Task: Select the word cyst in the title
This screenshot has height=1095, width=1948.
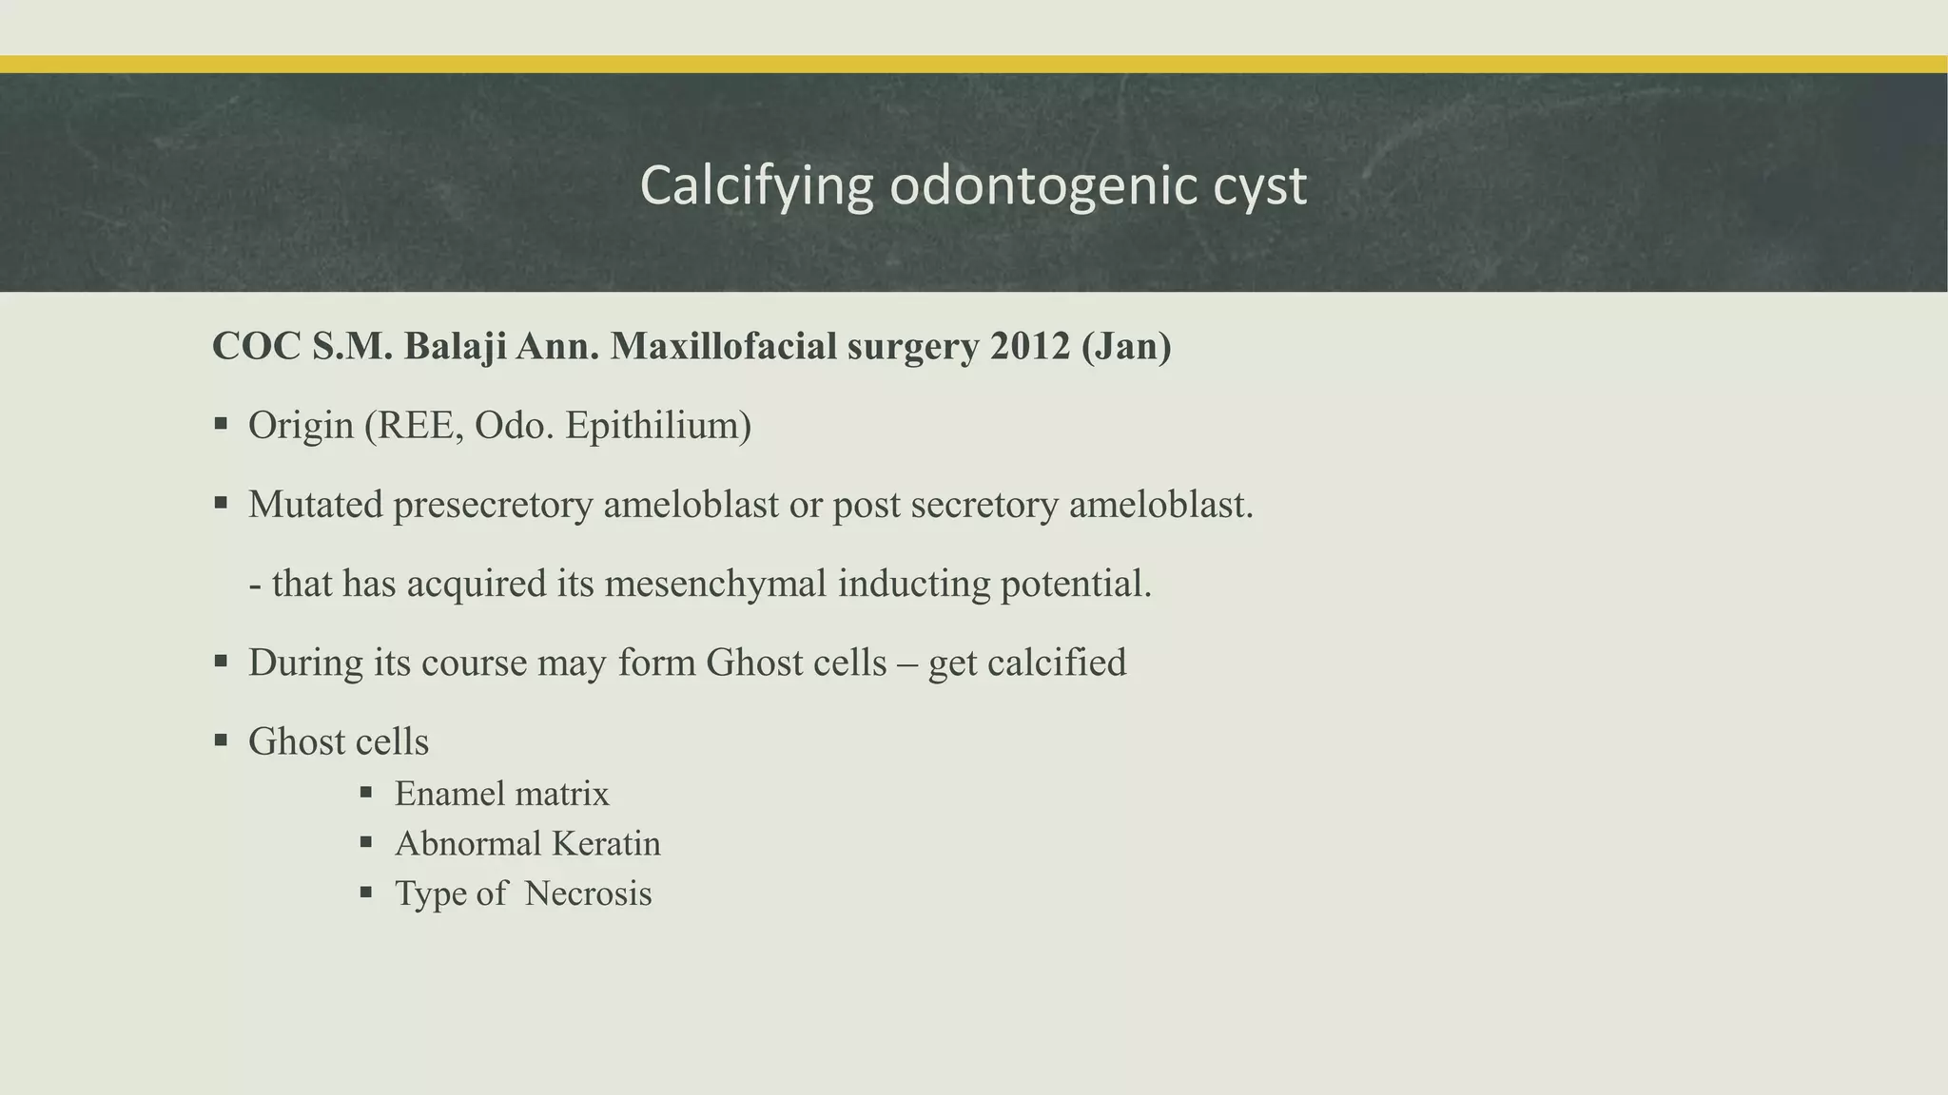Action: tap(1259, 186)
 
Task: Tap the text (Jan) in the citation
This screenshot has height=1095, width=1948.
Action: tap(1126, 347)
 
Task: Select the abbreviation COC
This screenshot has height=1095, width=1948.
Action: tap(257, 347)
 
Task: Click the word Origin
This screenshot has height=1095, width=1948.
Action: tap(301, 425)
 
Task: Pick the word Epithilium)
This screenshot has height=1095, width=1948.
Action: tap(658, 425)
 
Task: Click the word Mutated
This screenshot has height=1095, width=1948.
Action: tap(315, 504)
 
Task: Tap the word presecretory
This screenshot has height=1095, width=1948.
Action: tap(493, 504)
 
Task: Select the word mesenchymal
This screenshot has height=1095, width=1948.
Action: tap(715, 583)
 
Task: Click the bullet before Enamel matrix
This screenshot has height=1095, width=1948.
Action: tap(366, 791)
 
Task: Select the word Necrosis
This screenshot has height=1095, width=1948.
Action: tap(588, 893)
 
